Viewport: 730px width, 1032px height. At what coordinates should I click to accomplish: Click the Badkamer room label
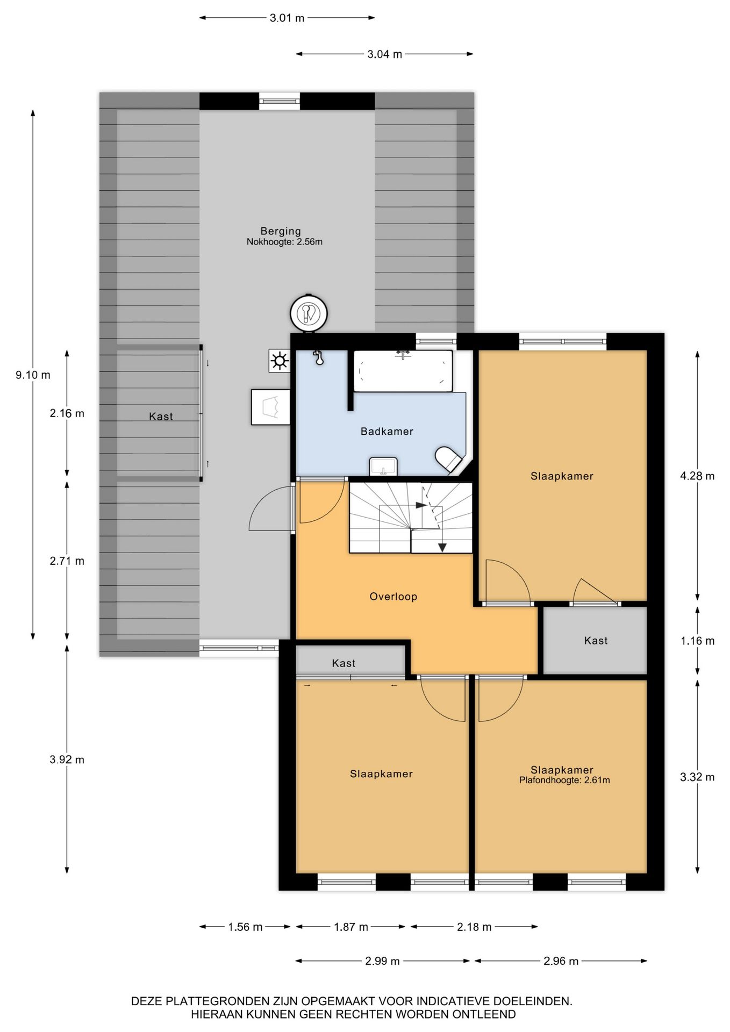point(387,431)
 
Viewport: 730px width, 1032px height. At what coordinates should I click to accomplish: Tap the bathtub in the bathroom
point(403,371)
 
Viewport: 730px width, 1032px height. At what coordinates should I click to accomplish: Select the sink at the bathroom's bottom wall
point(383,467)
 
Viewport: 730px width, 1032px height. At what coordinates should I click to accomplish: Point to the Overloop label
point(393,596)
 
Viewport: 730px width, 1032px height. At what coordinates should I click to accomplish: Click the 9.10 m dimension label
point(33,375)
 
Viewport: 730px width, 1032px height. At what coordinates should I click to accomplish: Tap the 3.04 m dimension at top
point(384,54)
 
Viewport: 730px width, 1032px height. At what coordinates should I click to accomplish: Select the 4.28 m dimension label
point(697,476)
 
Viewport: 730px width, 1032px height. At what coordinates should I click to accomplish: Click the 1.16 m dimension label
point(697,641)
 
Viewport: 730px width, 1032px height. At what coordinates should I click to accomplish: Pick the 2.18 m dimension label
point(474,927)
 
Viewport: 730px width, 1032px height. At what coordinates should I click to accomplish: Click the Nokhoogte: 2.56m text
point(284,242)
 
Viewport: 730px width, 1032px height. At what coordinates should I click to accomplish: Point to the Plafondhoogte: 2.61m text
point(564,780)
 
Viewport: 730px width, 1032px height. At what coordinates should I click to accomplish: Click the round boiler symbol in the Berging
point(309,313)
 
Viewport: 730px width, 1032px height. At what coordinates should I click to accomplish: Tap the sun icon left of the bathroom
point(280,361)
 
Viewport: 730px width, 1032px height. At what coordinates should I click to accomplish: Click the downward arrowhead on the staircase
point(442,548)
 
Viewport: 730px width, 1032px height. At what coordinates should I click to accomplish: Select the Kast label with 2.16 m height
point(161,416)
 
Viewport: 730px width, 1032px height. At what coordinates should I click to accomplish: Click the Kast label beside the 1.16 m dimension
point(596,640)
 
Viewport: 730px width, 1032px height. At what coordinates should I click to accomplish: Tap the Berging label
point(281,231)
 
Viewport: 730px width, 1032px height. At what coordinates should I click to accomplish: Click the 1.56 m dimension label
point(245,927)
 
